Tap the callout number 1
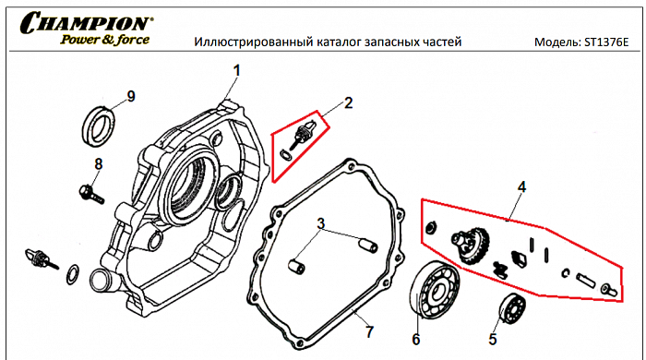(236, 70)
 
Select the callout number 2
(348, 102)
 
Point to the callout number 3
(320, 223)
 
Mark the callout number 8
(98, 164)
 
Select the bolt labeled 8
(90, 194)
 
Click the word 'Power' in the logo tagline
(80, 40)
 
